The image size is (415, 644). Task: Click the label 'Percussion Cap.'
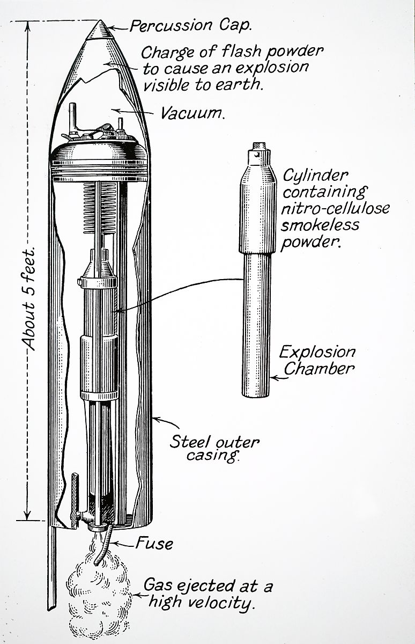click(191, 26)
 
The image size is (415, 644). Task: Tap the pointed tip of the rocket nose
click(100, 20)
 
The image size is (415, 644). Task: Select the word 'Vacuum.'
click(192, 113)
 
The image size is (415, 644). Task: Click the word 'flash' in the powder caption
click(242, 52)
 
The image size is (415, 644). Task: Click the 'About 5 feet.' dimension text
click(28, 298)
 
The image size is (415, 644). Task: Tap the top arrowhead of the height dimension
click(27, 25)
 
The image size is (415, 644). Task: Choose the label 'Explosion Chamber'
click(318, 360)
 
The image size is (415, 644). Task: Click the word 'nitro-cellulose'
click(335, 208)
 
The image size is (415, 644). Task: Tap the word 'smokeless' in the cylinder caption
click(320, 224)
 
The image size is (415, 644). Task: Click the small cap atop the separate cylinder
click(260, 146)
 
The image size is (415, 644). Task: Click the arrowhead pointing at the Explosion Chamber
click(273, 378)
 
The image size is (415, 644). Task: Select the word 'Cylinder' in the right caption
click(315, 176)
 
